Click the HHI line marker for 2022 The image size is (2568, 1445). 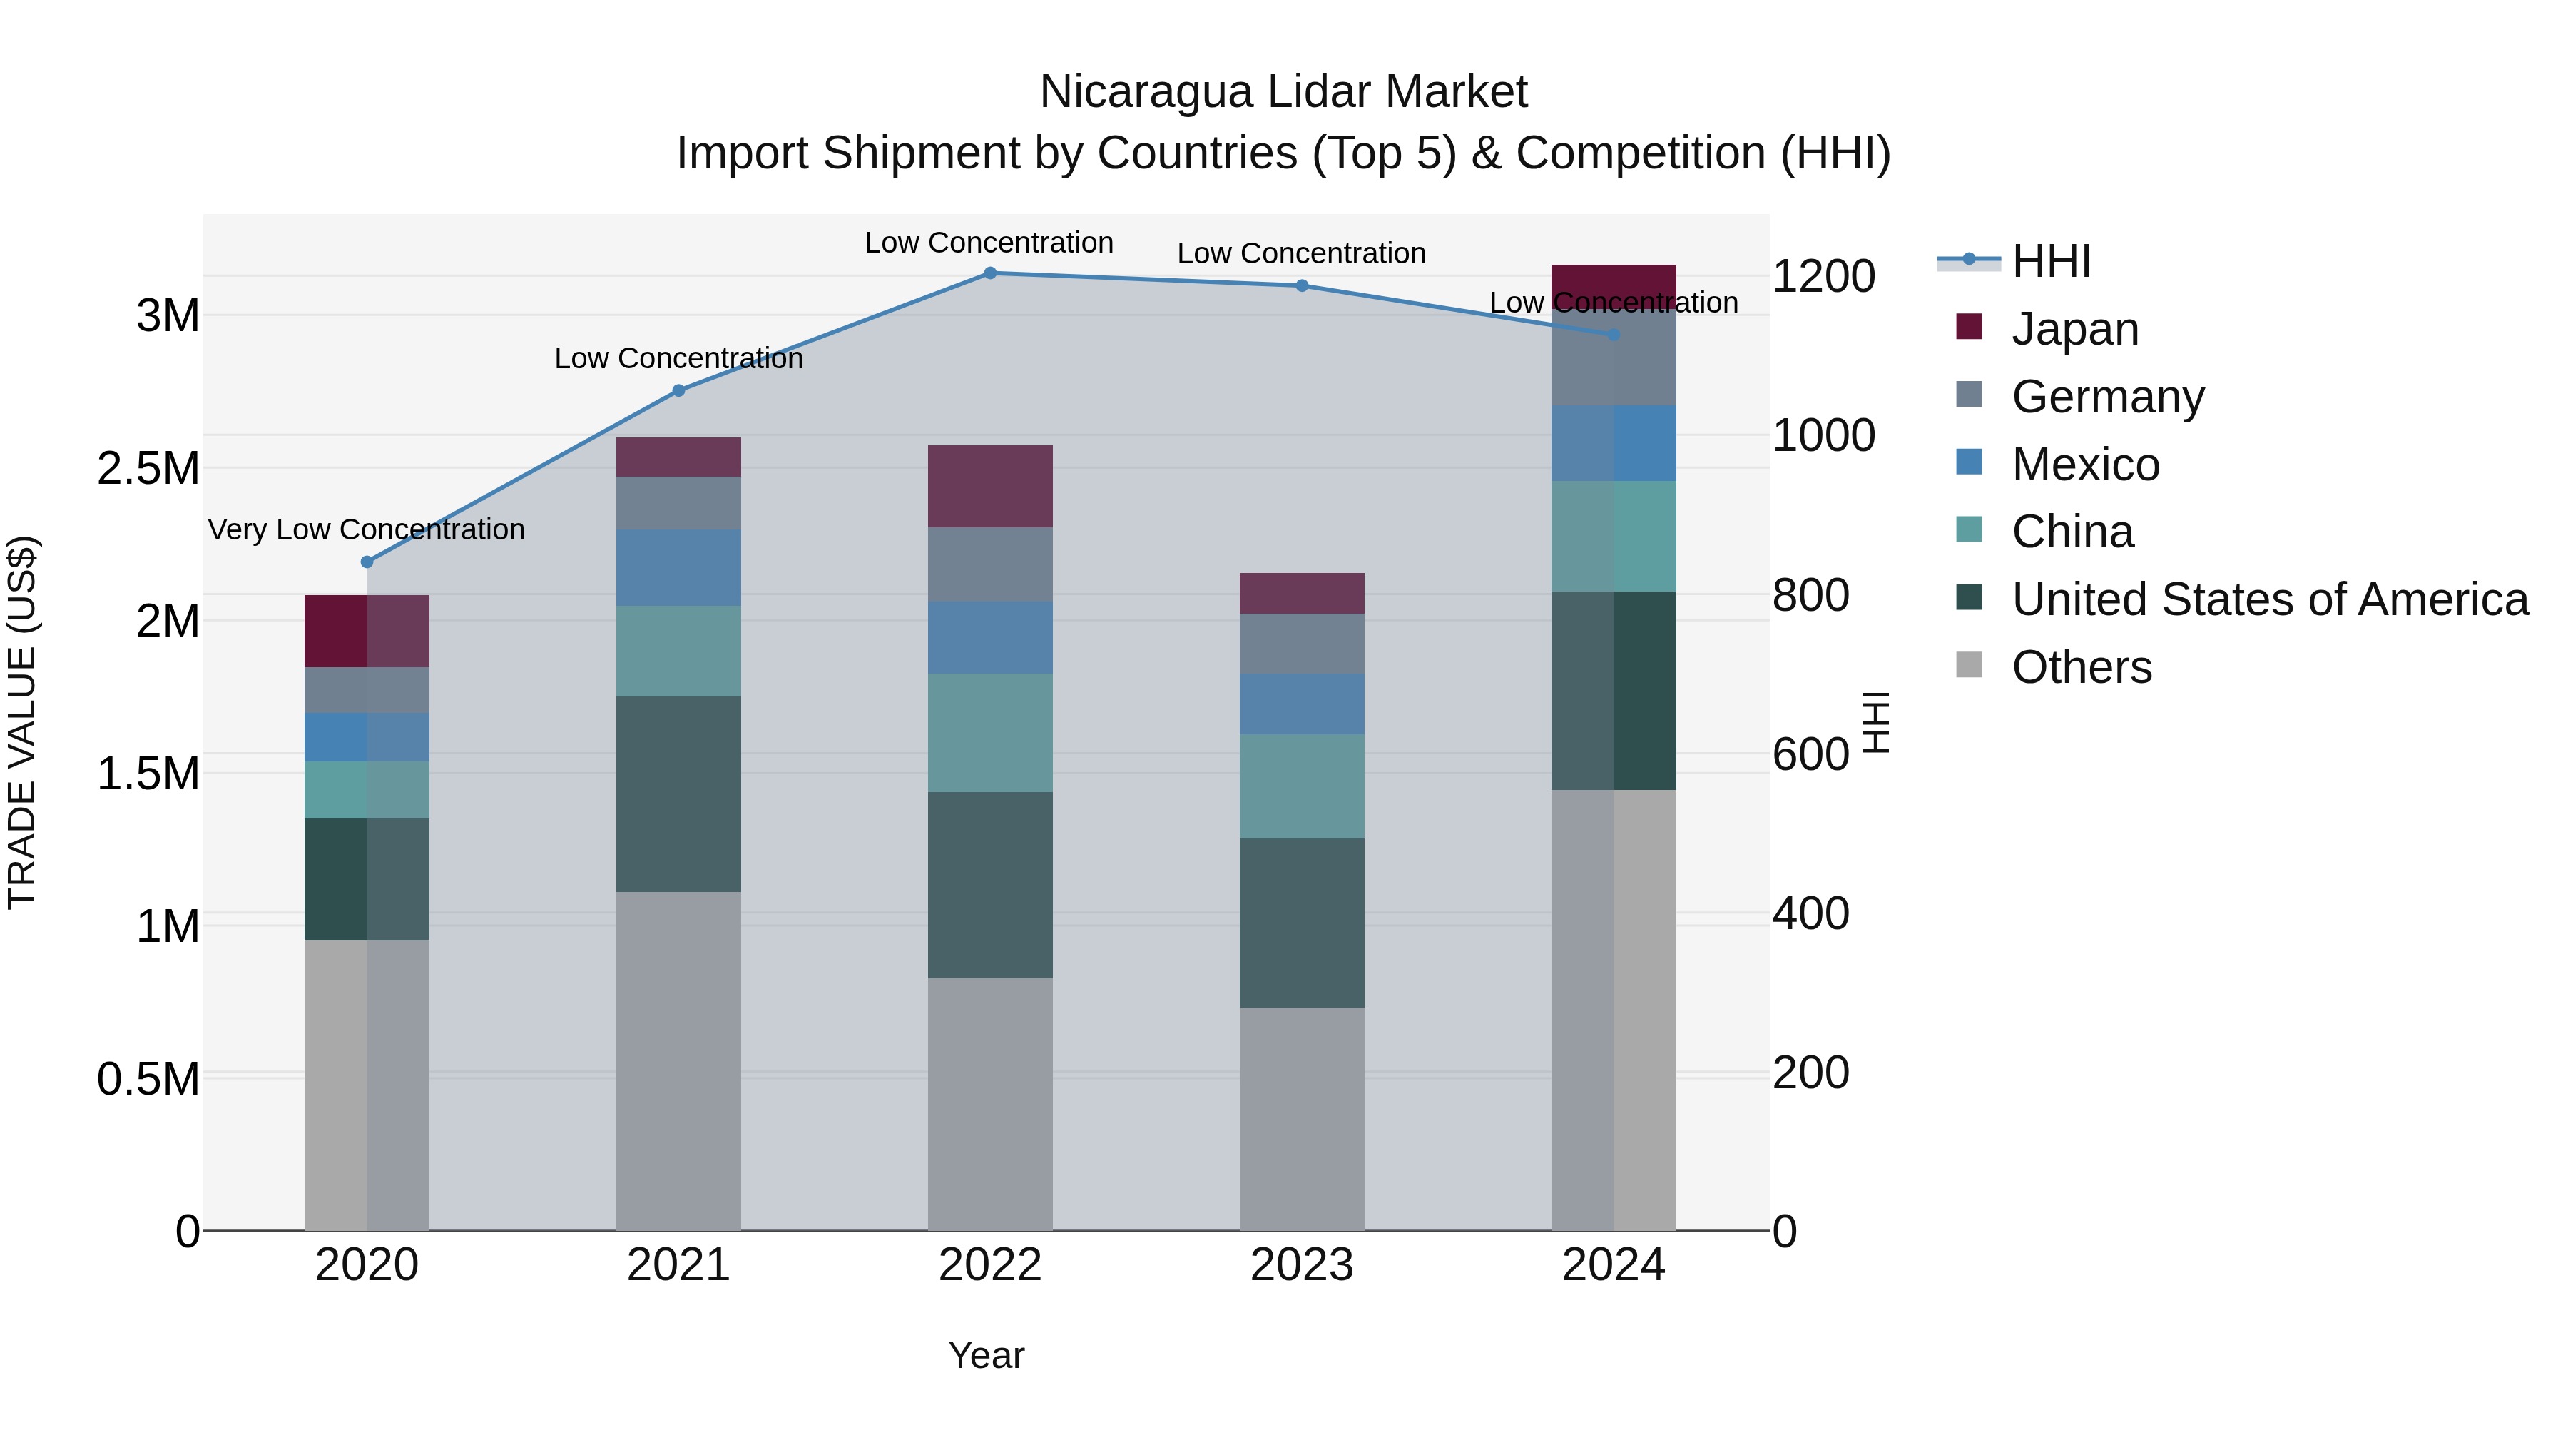pos(990,273)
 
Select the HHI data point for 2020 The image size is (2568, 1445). pos(367,562)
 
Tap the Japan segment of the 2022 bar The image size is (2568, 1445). pos(990,487)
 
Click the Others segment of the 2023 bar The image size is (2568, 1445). pos(1301,1118)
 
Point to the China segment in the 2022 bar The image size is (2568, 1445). pos(990,733)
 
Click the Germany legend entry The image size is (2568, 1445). pos(2107,397)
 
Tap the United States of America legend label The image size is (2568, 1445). pos(2270,599)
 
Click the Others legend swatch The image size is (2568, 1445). pos(1969,665)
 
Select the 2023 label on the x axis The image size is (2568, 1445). pos(1301,1265)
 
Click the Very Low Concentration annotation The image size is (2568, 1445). pos(366,529)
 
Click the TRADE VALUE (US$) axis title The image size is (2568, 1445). pos(22,722)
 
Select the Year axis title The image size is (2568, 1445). pos(986,1355)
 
